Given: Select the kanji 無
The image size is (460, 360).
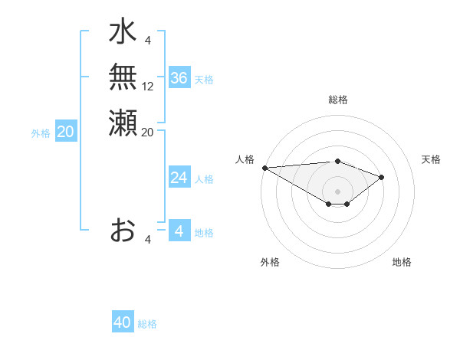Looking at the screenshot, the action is coord(123,77).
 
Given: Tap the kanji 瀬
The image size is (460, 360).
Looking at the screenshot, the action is coord(123,123).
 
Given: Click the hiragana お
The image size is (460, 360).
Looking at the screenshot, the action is coord(123,231).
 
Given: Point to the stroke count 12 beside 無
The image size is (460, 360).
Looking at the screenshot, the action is coord(148,86).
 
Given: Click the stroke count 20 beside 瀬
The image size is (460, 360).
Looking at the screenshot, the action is coord(148,132).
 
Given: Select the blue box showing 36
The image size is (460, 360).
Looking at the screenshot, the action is coord(179,78).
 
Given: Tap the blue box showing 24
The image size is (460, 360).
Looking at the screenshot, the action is coord(179,178).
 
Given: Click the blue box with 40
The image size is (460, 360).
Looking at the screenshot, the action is coord(123,322).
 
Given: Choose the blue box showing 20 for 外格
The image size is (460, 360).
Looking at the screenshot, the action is coord(66,132).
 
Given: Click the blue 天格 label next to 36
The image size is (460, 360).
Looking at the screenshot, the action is coord(204,79).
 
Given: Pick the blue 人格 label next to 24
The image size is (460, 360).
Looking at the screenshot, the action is coord(204,178).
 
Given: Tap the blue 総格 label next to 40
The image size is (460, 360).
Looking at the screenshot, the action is coord(147,323).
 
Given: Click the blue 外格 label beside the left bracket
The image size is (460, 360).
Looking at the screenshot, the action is coord(41,133).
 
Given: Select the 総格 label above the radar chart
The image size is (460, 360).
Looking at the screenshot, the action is coord(338,100).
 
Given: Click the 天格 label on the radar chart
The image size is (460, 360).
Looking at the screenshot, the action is coord(432,159).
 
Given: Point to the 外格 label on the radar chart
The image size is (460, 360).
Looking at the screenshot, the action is coord(270,262).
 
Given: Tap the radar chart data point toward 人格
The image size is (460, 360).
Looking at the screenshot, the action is coord(264,168).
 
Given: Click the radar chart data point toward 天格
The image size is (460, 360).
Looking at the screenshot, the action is coord(382,177).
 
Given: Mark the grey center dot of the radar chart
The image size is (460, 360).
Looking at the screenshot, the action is coord(338,191).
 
